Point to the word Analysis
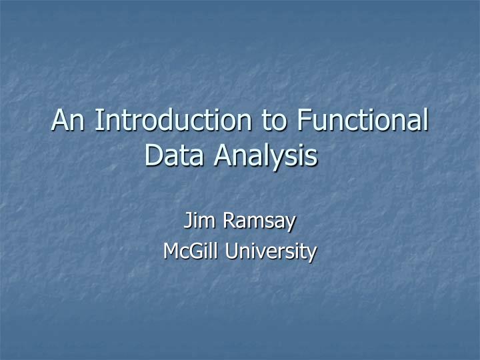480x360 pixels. [x=267, y=157]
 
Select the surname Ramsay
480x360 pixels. [x=257, y=221]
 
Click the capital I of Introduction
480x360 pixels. [x=97, y=121]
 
